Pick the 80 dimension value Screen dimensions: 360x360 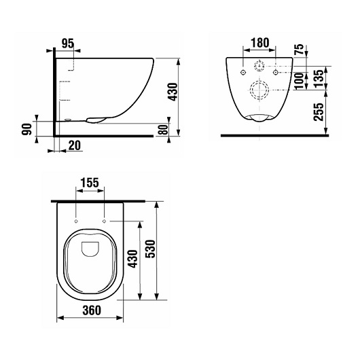163,129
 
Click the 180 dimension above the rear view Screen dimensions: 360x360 259,43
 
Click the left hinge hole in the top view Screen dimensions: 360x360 75,221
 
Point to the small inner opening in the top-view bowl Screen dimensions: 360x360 90,249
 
